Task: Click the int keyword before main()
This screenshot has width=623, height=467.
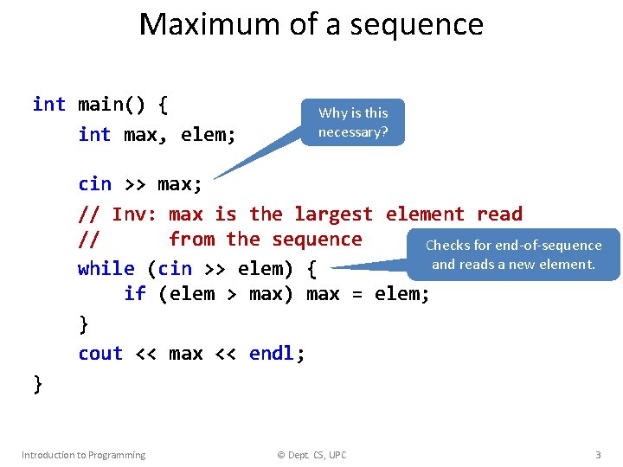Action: [48, 105]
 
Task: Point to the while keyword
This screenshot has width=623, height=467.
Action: [106, 268]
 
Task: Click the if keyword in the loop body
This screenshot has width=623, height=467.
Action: [134, 294]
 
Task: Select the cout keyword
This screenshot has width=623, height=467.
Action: [100, 354]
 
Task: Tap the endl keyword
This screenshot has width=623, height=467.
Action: [272, 354]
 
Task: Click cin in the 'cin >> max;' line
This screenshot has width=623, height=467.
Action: [94, 184]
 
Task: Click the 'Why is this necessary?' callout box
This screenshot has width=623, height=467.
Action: [353, 122]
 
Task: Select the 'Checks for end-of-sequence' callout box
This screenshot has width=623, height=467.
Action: [513, 254]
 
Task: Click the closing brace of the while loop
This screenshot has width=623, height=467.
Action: [83, 324]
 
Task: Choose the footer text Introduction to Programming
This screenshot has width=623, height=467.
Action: [83, 455]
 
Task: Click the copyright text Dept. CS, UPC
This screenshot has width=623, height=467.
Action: [311, 455]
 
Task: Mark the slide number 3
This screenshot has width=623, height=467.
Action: [597, 455]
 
